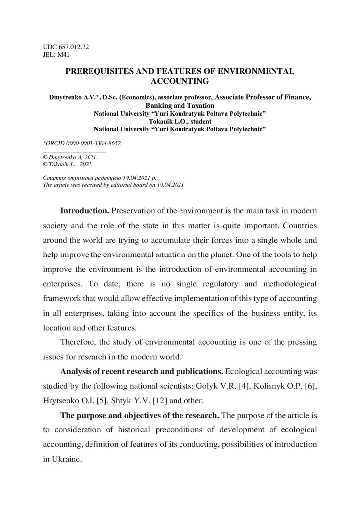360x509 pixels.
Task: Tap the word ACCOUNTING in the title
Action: tap(180, 80)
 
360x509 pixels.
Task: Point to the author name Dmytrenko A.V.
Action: tap(70, 98)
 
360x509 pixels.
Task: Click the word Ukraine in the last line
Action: tap(66, 459)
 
